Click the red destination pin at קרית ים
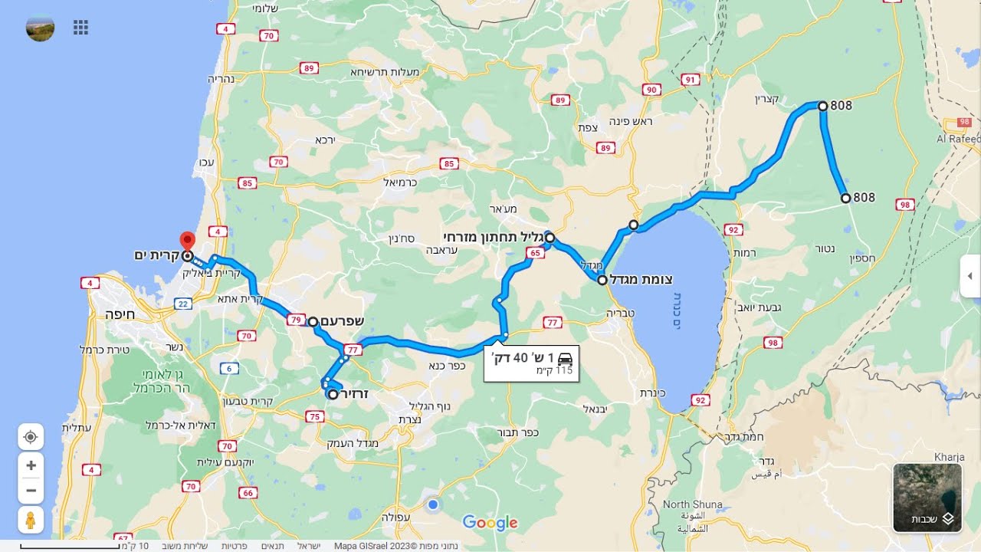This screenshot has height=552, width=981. coord(187,240)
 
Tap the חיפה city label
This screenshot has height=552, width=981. coord(120,314)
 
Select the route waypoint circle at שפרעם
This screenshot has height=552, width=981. coord(313,322)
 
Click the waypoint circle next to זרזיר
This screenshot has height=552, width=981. coord(333,394)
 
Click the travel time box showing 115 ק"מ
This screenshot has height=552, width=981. coord(531,363)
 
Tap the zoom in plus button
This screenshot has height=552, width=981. coord(31,465)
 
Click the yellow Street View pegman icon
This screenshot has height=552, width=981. coord(31,520)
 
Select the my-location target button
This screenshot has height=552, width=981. coord(31,437)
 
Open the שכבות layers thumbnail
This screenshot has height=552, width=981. coord(927,498)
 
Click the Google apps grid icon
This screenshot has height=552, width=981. coord(80,28)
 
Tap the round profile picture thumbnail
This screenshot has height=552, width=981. coord(40,28)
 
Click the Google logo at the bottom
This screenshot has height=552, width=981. coord(490,524)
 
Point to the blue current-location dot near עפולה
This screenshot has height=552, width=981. coord(433,504)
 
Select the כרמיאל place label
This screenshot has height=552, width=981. coord(399,182)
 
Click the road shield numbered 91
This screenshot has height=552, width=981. coord(691,80)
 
